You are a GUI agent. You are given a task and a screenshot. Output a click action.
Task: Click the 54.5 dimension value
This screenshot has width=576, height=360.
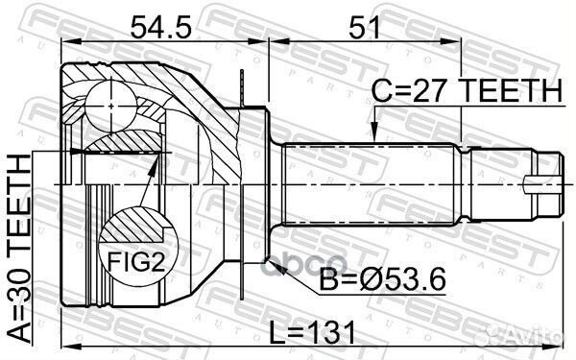[160, 28]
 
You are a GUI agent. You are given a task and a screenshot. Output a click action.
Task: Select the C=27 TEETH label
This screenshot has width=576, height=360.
[467, 91]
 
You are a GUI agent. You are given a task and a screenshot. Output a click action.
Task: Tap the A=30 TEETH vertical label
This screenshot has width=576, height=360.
[19, 249]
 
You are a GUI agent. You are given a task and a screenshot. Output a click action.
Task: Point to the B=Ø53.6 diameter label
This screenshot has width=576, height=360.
[382, 279]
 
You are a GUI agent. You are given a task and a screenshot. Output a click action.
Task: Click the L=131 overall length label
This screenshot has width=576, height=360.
[313, 333]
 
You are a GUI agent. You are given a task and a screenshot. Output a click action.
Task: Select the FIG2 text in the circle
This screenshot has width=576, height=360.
[136, 262]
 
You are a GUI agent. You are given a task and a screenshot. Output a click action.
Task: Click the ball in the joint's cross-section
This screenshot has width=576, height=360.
[111, 107]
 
